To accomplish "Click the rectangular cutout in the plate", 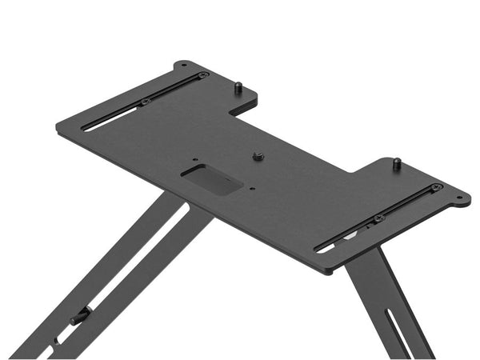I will (212, 178).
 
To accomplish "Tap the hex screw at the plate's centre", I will (258, 157).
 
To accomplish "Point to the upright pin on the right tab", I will (397, 165).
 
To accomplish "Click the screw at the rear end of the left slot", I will (203, 76).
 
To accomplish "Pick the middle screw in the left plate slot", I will (146, 102).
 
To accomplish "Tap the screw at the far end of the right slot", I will (436, 188).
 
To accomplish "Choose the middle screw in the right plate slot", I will (379, 218).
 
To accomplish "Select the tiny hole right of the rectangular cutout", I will (252, 190).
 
